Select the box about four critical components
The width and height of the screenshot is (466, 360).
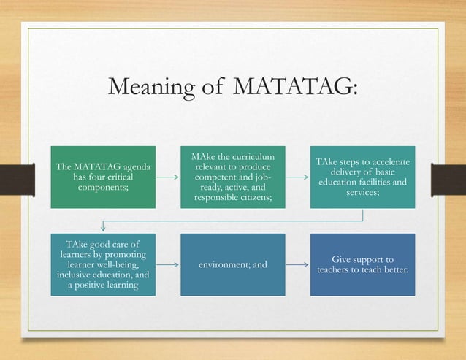tap(103, 177)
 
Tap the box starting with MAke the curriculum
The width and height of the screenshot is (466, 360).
tap(233, 177)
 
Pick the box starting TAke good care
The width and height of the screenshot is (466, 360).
tap(103, 264)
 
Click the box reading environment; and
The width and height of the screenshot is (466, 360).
tap(233, 264)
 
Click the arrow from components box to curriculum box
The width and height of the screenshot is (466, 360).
tap(168, 177)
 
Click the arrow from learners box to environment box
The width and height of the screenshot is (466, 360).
tap(168, 264)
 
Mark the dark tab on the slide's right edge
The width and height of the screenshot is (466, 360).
tap(452, 180)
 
